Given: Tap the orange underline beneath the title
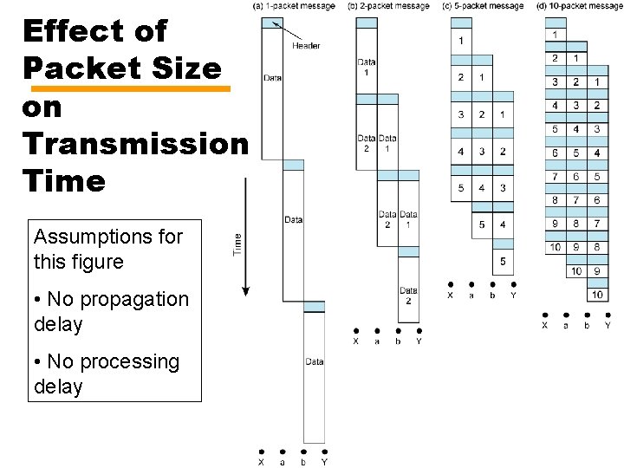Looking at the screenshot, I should [x=130, y=88].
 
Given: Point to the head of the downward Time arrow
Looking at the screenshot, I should [x=245, y=291].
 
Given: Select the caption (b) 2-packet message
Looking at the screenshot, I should [x=388, y=6].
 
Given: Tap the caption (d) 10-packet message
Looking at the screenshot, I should [x=579, y=6].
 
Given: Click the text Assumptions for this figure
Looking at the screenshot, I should [x=107, y=249].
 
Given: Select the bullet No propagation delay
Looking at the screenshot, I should [x=111, y=311].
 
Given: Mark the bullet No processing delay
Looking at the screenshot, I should [x=106, y=374].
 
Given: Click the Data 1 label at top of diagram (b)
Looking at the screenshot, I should [x=366, y=66].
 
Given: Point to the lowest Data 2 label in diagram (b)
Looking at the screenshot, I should [x=408, y=296].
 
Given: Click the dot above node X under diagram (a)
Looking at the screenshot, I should [x=262, y=451].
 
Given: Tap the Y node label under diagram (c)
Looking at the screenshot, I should [x=513, y=296].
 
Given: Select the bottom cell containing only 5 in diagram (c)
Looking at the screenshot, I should [x=503, y=262].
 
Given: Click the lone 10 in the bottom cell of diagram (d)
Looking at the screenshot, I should [x=596, y=295].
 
